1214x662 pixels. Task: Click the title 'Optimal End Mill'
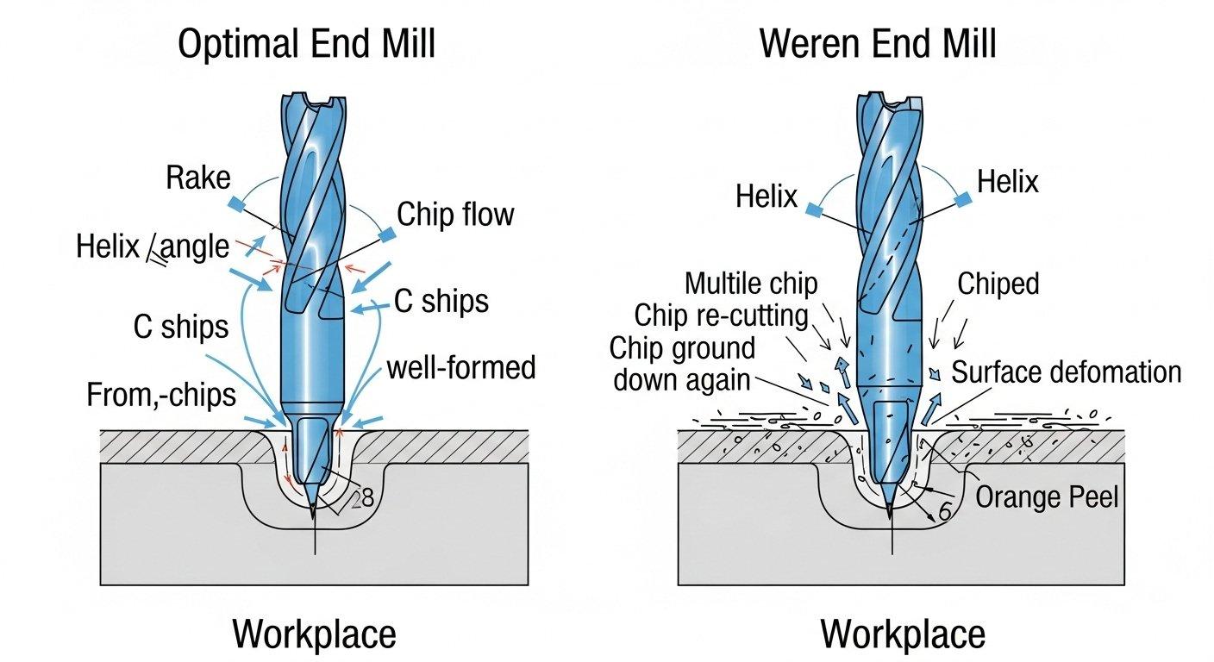306,43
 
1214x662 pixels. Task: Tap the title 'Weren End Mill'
878,43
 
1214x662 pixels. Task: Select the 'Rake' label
198,178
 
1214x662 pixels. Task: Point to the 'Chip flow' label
455,215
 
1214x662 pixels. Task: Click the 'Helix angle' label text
153,248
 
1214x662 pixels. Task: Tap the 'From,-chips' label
161,395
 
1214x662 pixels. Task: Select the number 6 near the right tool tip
943,510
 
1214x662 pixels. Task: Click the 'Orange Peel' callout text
1047,496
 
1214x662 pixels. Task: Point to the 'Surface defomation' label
1067,372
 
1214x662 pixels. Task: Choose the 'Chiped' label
998,284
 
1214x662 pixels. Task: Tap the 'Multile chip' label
751,283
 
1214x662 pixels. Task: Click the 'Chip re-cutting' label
722,315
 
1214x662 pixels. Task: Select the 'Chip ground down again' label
682,364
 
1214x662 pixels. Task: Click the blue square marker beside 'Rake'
236,204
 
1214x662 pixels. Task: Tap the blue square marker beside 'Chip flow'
386,234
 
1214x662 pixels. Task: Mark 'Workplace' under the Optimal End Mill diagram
314,634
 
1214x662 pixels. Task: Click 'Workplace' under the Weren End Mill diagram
902,634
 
